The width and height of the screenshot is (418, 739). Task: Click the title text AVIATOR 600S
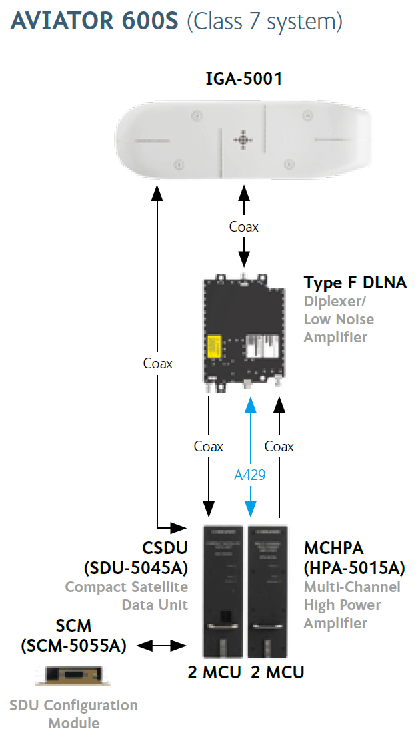(94, 21)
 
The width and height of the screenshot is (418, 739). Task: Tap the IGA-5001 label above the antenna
(244, 79)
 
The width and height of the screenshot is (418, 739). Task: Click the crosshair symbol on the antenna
(243, 140)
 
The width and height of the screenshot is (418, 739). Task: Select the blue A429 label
(250, 475)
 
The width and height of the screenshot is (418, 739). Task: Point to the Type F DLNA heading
(355, 282)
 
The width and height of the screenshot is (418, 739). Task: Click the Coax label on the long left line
(158, 363)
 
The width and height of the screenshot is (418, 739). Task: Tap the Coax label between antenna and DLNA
(244, 227)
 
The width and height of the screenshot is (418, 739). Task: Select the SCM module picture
(73, 675)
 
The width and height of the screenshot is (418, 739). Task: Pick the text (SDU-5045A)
(136, 568)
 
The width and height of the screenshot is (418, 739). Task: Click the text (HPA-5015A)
(355, 568)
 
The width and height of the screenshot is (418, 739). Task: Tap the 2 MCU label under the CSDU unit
(215, 672)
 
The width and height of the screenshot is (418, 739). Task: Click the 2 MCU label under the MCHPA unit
(278, 672)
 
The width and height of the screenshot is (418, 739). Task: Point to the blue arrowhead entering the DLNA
(251, 405)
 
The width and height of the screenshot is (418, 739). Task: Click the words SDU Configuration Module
(74, 714)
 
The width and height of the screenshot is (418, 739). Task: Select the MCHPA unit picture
(268, 591)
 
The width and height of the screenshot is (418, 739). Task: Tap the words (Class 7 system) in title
(265, 22)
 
